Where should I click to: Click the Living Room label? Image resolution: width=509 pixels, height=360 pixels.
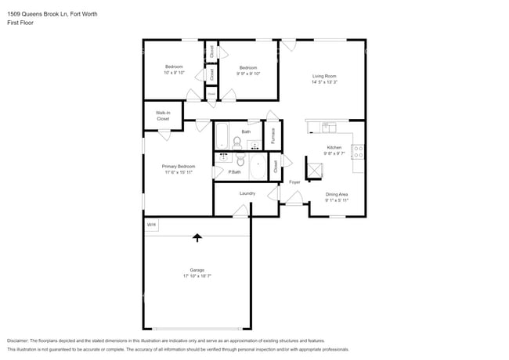click(324, 75)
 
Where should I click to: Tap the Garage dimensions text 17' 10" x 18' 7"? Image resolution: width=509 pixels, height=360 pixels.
click(197, 276)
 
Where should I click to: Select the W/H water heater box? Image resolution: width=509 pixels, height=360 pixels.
click(151, 225)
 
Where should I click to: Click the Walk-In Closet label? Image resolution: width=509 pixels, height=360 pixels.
click(163, 116)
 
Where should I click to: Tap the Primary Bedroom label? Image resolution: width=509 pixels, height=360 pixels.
click(179, 166)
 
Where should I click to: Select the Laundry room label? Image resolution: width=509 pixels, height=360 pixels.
click(247, 193)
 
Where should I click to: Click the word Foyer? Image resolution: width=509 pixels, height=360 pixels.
click(294, 182)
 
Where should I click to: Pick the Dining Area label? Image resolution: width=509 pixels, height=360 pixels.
click(337, 194)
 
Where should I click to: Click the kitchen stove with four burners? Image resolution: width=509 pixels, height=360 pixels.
click(358, 152)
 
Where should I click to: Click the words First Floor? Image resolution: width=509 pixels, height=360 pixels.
click(20, 23)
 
